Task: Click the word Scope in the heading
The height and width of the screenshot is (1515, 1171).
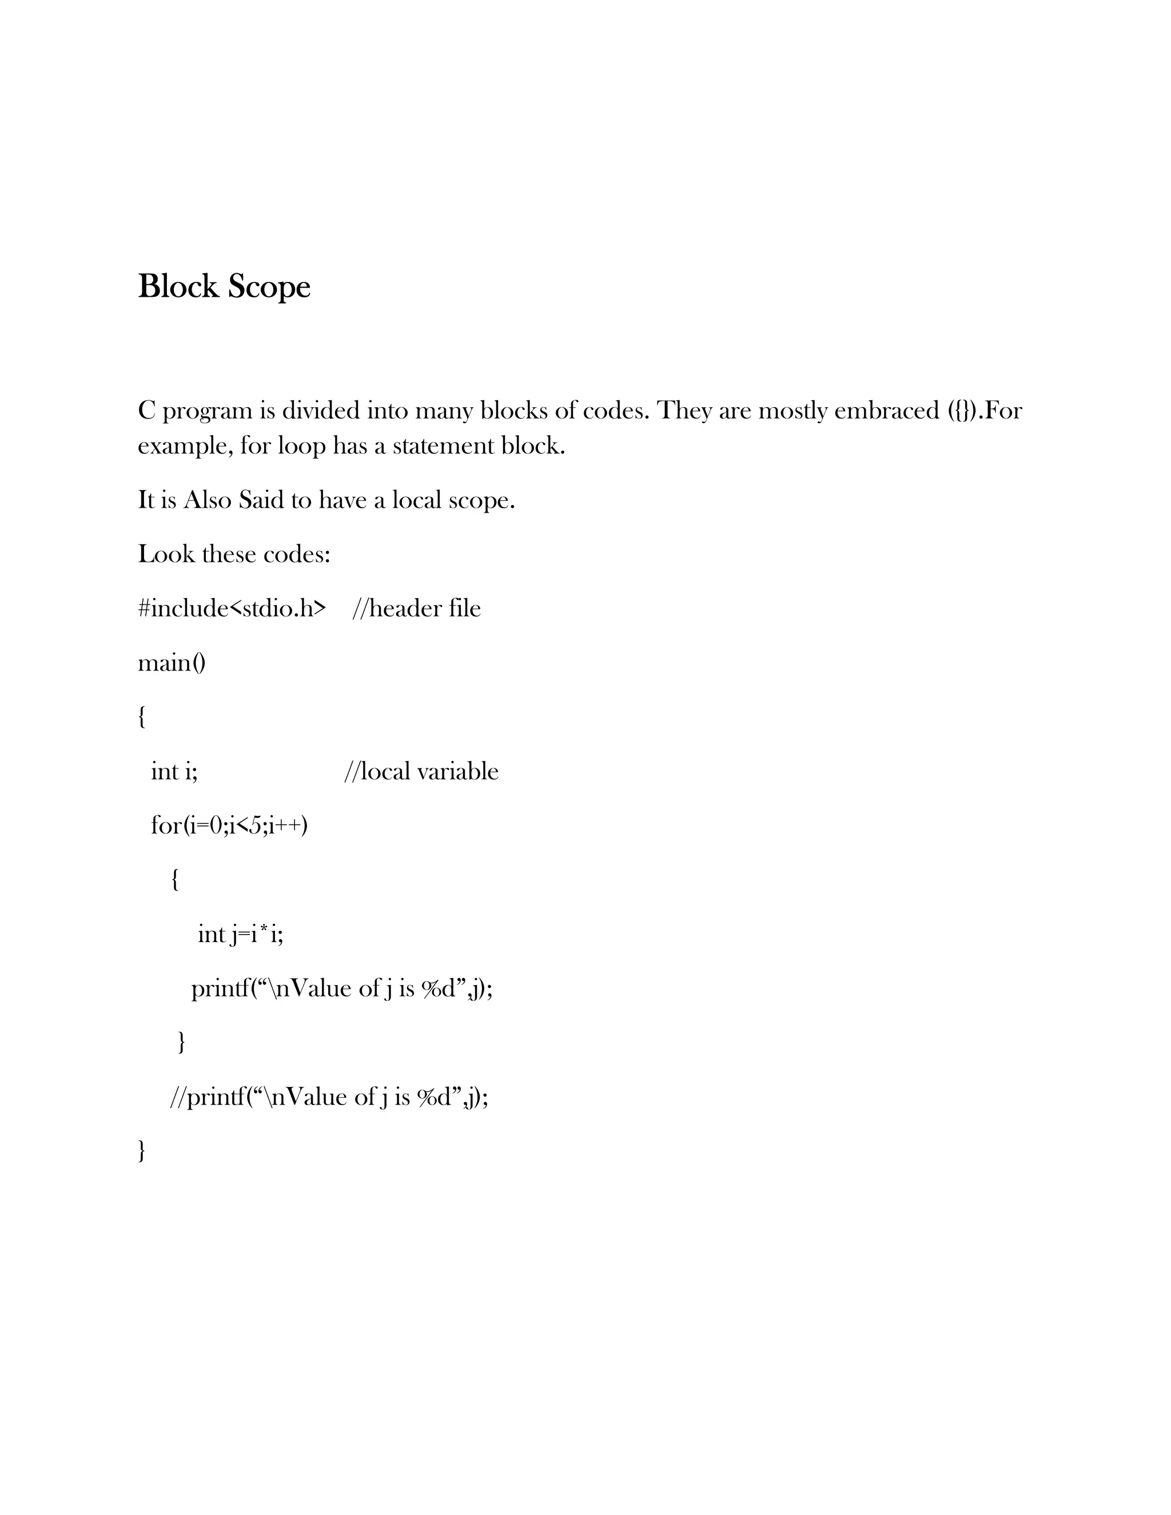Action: [x=269, y=287]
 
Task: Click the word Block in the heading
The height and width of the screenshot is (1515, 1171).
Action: [x=178, y=286]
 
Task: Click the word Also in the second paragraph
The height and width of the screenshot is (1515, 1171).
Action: [x=207, y=500]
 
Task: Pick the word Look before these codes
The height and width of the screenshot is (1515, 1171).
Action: [x=166, y=554]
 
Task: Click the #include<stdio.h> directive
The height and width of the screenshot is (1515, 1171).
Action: [x=232, y=608]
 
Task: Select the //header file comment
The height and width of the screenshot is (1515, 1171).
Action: [x=416, y=608]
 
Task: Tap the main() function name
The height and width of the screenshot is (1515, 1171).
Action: [x=172, y=663]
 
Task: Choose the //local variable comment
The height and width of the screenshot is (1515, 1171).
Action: [x=421, y=771]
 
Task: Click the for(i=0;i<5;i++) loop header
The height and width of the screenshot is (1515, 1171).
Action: [x=229, y=826]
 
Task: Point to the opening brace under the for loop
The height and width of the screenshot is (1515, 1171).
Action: [x=175, y=880]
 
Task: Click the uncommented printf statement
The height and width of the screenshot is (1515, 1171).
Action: [x=342, y=988]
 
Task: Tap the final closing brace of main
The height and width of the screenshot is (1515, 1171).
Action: [x=142, y=1151]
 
